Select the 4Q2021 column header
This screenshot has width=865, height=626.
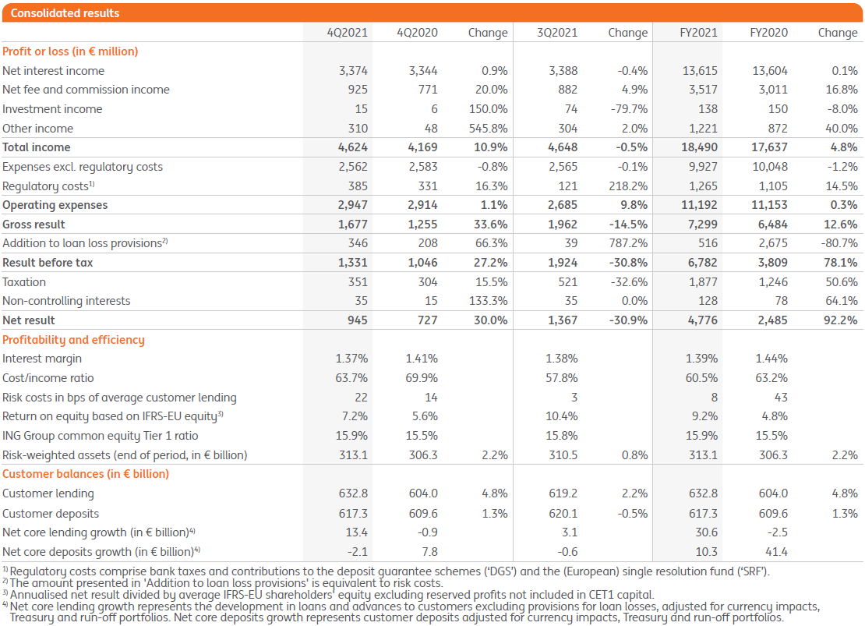348,33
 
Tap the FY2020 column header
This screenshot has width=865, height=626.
768,33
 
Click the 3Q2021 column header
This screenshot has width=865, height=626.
557,33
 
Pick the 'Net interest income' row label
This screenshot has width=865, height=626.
53,70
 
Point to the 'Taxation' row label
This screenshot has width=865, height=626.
24,282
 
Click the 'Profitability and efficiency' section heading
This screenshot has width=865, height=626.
73,340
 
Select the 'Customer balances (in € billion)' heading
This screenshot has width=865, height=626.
86,474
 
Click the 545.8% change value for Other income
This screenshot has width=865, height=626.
489,129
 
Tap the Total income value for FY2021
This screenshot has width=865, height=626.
699,147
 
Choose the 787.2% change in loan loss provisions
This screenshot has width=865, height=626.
629,243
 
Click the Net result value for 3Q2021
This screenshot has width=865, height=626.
561,320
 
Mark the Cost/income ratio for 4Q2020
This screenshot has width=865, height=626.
421,378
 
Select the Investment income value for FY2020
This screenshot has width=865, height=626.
777,109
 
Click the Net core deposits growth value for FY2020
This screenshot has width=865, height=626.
776,551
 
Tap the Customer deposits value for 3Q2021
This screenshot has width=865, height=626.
563,513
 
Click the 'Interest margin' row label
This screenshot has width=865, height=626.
42,359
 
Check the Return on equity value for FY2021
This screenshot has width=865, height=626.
702,416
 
